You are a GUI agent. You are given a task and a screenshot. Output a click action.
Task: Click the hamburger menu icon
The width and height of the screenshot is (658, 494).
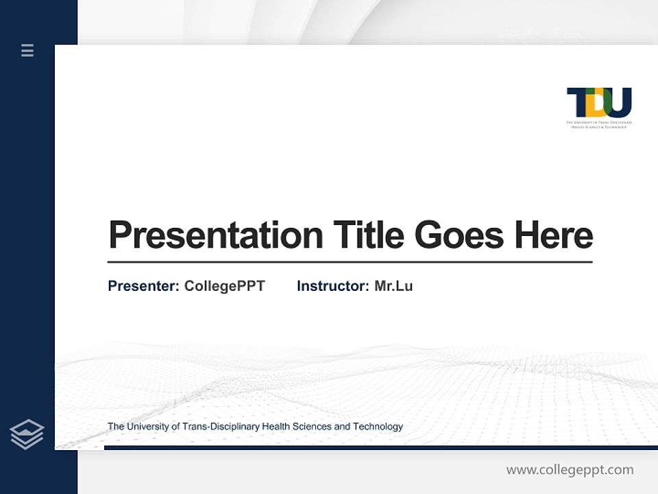click(27, 50)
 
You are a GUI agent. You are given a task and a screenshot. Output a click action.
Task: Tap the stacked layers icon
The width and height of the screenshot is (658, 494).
click(27, 434)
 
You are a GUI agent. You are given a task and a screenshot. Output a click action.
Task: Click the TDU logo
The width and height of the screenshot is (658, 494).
click(598, 104)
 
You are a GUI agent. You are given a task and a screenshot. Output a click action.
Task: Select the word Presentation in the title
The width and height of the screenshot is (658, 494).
click(216, 235)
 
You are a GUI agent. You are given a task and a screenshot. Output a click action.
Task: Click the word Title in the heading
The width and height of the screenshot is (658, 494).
click(368, 235)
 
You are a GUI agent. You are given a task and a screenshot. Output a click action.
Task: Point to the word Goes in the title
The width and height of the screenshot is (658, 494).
click(459, 235)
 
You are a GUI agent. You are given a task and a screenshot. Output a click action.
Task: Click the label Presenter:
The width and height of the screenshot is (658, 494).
click(144, 286)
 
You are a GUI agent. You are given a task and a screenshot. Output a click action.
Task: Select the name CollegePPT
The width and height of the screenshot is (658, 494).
click(224, 286)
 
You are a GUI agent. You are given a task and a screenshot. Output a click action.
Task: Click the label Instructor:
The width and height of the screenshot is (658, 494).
click(333, 286)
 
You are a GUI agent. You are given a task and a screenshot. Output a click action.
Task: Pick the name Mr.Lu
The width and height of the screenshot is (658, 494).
click(393, 286)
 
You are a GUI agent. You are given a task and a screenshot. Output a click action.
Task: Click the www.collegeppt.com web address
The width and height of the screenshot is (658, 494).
click(570, 470)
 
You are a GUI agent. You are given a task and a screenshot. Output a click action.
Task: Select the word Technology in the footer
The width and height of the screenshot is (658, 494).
click(378, 427)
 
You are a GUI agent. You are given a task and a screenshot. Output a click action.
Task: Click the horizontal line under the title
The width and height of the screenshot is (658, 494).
click(350, 262)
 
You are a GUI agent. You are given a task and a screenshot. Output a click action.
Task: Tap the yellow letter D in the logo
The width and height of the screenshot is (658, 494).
click(594, 103)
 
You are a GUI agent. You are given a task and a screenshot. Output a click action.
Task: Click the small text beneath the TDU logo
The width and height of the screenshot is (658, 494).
click(598, 124)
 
